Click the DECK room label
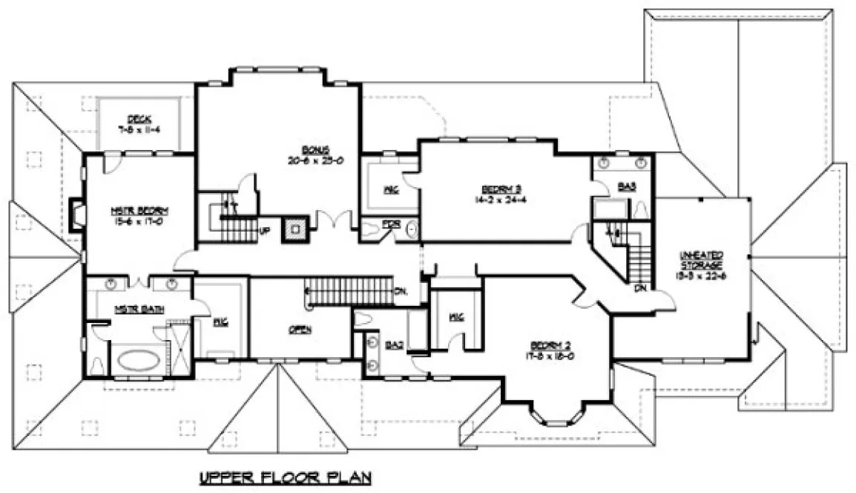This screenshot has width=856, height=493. [x=139, y=119]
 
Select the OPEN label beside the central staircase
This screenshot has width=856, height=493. [x=300, y=329]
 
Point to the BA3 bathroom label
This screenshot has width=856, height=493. [x=626, y=188]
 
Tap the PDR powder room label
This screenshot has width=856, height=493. [x=389, y=223]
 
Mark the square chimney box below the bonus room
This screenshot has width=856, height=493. [x=297, y=229]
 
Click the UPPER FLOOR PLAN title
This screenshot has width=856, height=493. [x=285, y=477]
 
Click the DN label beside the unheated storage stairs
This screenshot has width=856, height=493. [x=639, y=287]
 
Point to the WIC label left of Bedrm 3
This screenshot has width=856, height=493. [x=390, y=190]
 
